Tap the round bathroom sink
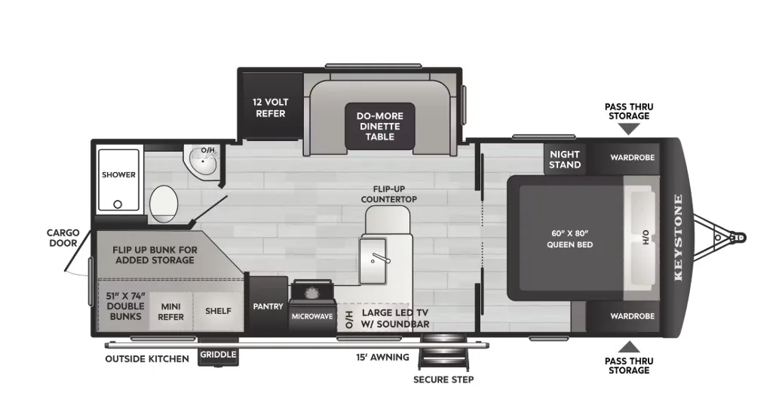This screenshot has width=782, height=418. click(201, 160)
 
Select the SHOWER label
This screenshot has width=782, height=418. click(119, 175)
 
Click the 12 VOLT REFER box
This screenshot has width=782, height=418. click(270, 107)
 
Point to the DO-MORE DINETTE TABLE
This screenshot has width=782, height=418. click(380, 125)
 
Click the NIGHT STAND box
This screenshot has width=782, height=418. click(565, 159)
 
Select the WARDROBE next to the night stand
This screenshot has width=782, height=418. click(632, 158)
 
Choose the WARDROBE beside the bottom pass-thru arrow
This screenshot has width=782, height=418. click(632, 316)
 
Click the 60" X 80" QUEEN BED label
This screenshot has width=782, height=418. click(570, 238)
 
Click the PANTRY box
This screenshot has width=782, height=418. click(268, 306)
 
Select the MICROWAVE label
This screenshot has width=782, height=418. click(312, 317)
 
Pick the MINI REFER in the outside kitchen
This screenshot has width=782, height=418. click(170, 311)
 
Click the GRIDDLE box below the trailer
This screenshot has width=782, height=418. click(219, 355)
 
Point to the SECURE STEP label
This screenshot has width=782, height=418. click(443, 380)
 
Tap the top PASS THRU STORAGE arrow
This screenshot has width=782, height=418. click(629, 129)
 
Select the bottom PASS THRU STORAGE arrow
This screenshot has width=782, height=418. click(629, 346)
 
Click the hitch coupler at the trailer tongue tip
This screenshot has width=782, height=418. click(740, 237)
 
